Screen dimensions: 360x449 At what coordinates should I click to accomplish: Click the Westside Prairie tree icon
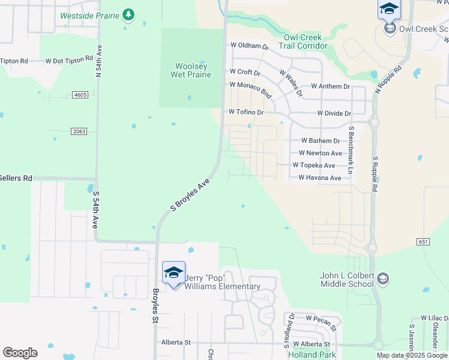pyautogui.click(x=128, y=14)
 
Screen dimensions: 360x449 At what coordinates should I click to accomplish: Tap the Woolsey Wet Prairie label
pyautogui.click(x=192, y=70)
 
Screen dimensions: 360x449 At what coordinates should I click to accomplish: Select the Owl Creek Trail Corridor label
pyautogui.click(x=303, y=41)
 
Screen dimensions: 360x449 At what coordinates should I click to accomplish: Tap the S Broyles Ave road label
pyautogui.click(x=190, y=194)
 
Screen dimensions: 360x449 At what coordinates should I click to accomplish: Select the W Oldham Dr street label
pyautogui.click(x=249, y=46)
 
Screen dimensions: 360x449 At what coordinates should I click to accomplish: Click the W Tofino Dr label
pyautogui.click(x=246, y=112)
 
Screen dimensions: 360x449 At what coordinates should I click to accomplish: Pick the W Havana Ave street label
pyautogui.click(x=320, y=178)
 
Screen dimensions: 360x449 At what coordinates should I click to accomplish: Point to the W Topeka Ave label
pyautogui.click(x=313, y=165)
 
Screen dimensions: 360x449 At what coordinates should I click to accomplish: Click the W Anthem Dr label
pyautogui.click(x=330, y=86)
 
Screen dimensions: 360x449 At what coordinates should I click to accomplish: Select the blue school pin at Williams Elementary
pyautogui.click(x=173, y=273)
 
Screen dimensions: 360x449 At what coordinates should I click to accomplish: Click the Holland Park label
pyautogui.click(x=312, y=355)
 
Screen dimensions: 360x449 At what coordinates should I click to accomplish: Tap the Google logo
pyautogui.click(x=20, y=353)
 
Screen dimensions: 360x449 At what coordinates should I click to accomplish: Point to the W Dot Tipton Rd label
pyautogui.click(x=69, y=61)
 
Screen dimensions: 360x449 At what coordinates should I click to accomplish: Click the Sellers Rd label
pyautogui.click(x=16, y=178)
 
